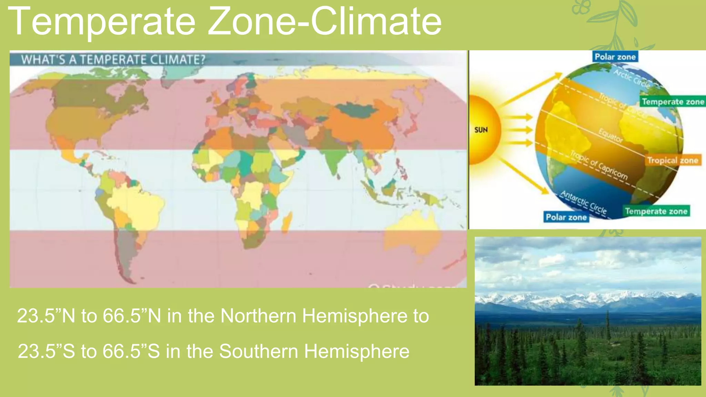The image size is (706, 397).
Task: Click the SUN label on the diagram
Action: coord(481,130)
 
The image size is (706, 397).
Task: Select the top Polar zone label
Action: coord(615,57)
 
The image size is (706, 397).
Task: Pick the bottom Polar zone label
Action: coord(566,217)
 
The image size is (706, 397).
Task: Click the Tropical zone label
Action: coord(673,160)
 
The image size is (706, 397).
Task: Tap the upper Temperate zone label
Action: coord(673,102)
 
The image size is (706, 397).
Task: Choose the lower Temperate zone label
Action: coord(656,211)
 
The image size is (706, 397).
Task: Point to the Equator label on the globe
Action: coord(611,135)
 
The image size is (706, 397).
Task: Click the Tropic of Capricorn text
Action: coord(599,165)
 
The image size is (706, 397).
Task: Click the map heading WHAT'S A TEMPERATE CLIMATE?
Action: coord(113,60)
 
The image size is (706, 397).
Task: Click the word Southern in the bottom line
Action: coord(258,351)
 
